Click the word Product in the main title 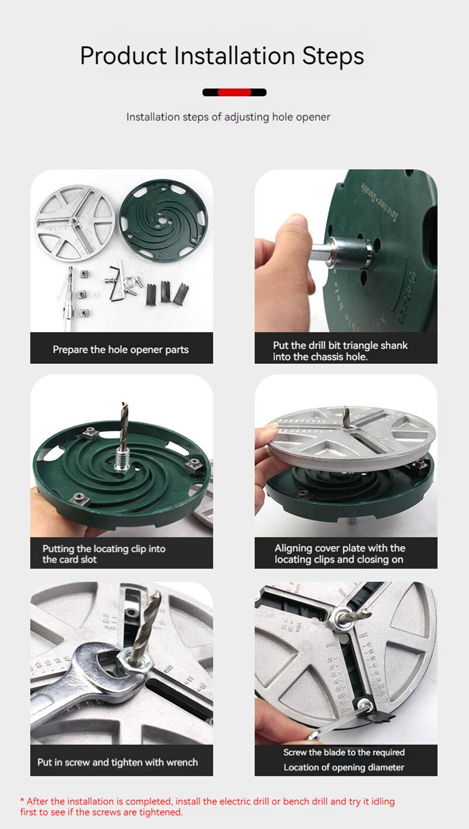click(x=124, y=56)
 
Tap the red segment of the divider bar click(x=235, y=92)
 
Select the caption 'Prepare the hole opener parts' click(x=121, y=349)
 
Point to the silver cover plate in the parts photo click(x=75, y=223)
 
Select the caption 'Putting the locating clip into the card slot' click(x=104, y=554)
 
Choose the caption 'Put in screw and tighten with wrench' click(x=118, y=762)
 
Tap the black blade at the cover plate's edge click(x=376, y=714)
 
